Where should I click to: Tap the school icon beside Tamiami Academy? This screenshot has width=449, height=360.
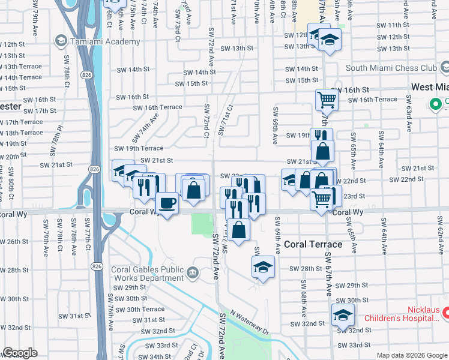(61, 41)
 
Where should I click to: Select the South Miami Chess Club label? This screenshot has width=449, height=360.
(391, 68)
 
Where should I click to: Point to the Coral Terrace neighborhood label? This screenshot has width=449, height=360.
(313, 244)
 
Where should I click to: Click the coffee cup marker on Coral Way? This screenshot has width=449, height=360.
(167, 202)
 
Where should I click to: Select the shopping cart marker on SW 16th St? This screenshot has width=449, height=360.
(326, 98)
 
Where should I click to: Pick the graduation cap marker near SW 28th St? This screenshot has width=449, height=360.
(262, 267)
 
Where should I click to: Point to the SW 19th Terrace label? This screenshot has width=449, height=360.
(139, 148)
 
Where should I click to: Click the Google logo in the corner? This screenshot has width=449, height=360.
(20, 352)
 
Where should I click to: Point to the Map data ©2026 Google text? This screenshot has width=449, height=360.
(411, 355)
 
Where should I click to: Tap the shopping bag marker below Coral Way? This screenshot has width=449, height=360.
(239, 229)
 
